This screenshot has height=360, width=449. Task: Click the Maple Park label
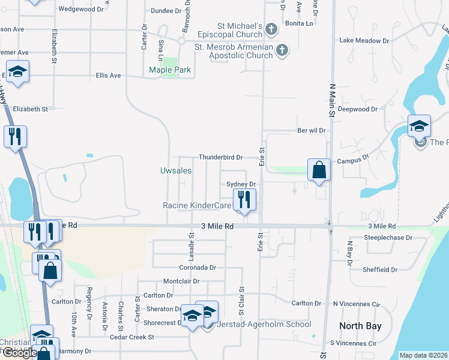pyautogui.click(x=170, y=70)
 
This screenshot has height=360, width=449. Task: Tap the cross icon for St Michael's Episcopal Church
pyautogui.click(x=271, y=29)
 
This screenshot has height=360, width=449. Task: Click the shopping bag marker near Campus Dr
pyautogui.click(x=319, y=169)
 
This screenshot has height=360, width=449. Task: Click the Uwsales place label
pyautogui.click(x=176, y=170)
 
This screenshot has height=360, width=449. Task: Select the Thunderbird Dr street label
pyautogui.click(x=220, y=157)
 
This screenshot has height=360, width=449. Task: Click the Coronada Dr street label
pyautogui.click(x=197, y=268)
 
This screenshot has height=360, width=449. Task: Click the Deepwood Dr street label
pyautogui.click(x=357, y=109)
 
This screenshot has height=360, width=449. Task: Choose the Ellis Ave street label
pyautogui.click(x=108, y=76)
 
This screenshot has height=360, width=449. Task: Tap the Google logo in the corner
pyautogui.click(x=19, y=353)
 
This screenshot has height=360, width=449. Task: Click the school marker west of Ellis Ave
pyautogui.click(x=18, y=72)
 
